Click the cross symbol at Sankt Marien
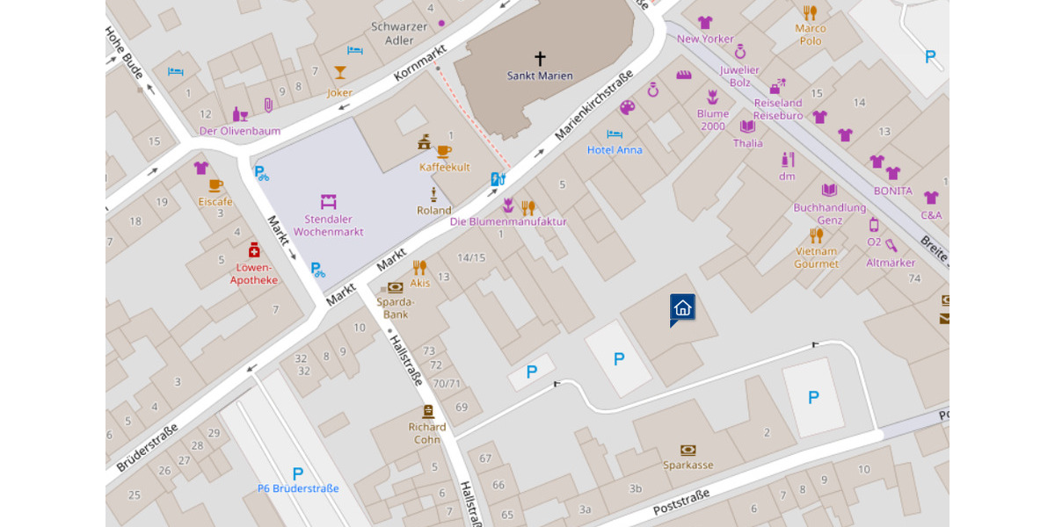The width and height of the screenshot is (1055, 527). click(540, 58)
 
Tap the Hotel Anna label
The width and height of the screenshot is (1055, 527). click(615, 150)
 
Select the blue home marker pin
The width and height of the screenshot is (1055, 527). click(682, 307)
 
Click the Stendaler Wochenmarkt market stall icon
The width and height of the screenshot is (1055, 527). click(328, 201)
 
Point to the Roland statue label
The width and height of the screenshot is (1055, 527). click(433, 211)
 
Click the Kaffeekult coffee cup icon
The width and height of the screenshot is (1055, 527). click(444, 151)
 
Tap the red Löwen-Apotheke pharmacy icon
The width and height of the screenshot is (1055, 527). click(254, 249)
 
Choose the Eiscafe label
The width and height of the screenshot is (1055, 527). click(215, 202)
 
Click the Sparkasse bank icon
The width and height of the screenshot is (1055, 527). click(688, 450)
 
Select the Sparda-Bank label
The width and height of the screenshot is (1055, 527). click(395, 307)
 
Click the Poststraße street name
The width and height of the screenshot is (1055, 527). click(681, 502)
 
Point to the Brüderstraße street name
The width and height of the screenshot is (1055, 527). click(147, 446)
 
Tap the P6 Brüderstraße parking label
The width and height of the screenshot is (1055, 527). click(298, 488)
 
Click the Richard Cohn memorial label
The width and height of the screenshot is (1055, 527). click(427, 433)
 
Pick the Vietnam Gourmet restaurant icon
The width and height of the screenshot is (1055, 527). click(816, 235)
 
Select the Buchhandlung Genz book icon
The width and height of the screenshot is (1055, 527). click(829, 190)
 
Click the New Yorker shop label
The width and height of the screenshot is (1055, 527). click(705, 39)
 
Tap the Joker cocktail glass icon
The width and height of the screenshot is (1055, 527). click(339, 72)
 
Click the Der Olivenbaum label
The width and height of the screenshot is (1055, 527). click(239, 131)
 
